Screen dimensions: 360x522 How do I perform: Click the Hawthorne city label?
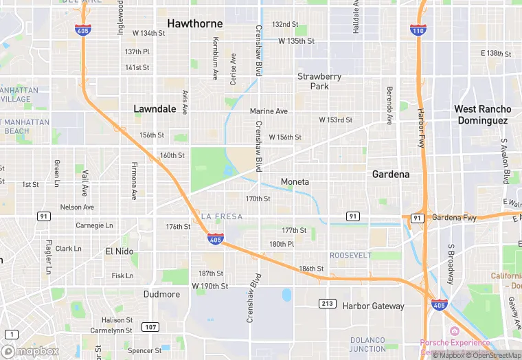point(195,23)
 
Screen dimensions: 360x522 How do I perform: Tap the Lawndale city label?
point(155,109)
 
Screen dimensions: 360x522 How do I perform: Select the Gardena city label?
point(391,175)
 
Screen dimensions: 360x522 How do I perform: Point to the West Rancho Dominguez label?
point(482,115)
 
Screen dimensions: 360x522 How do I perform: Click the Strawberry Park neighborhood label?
point(319,81)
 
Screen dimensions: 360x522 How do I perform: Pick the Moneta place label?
point(295,181)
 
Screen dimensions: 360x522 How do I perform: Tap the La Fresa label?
point(221,216)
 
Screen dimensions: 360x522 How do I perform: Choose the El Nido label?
point(119,251)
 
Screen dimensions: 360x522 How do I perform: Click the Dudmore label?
point(161,294)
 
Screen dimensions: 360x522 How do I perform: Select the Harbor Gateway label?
point(374,306)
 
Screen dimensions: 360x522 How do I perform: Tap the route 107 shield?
point(149,326)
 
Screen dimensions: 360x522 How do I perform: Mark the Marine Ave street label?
point(269,111)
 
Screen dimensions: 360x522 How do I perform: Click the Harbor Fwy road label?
point(421,128)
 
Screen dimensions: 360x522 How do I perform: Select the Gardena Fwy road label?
point(454,218)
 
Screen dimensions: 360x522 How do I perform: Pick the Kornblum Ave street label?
point(214,68)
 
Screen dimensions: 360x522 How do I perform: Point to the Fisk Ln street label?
point(122,275)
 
